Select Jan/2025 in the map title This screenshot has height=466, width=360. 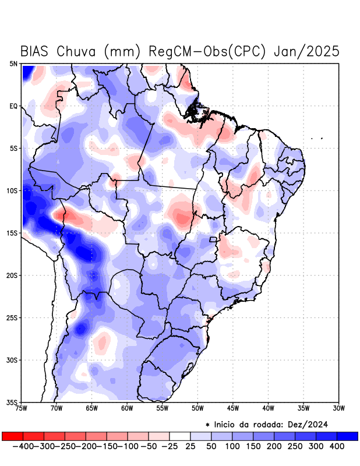(307, 51)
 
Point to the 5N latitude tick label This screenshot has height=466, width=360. (13, 63)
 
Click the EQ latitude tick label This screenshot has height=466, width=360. (13, 106)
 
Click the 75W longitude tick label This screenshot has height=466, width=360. (22, 408)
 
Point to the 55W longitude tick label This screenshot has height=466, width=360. (163, 408)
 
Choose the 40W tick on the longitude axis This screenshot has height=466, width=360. (269, 408)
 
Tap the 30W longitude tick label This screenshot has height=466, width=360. (339, 408)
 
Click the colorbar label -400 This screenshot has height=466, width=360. (22, 446)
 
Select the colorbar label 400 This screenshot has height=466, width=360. (337, 446)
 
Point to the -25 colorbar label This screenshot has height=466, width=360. (169, 446)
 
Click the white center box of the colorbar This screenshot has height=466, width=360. (179, 436)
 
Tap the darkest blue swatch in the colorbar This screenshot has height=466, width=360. (347, 436)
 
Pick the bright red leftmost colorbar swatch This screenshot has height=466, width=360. (12, 436)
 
